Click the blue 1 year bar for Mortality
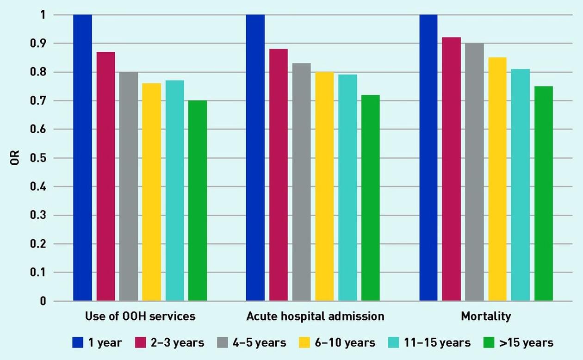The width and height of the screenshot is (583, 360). coord(428,158)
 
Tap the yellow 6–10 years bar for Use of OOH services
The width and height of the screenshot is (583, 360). coord(152,192)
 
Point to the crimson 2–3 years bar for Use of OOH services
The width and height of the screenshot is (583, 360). coord(106,176)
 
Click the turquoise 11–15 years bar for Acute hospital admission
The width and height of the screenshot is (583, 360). coord(347,187)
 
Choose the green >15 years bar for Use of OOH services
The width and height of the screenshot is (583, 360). coord(198,201)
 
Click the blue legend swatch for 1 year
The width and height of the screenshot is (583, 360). coord(78,342)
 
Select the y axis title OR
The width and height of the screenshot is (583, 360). coord(16,158)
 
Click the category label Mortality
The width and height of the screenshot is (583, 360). coord(486,317)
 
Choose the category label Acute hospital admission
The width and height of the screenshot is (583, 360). coord(315,317)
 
